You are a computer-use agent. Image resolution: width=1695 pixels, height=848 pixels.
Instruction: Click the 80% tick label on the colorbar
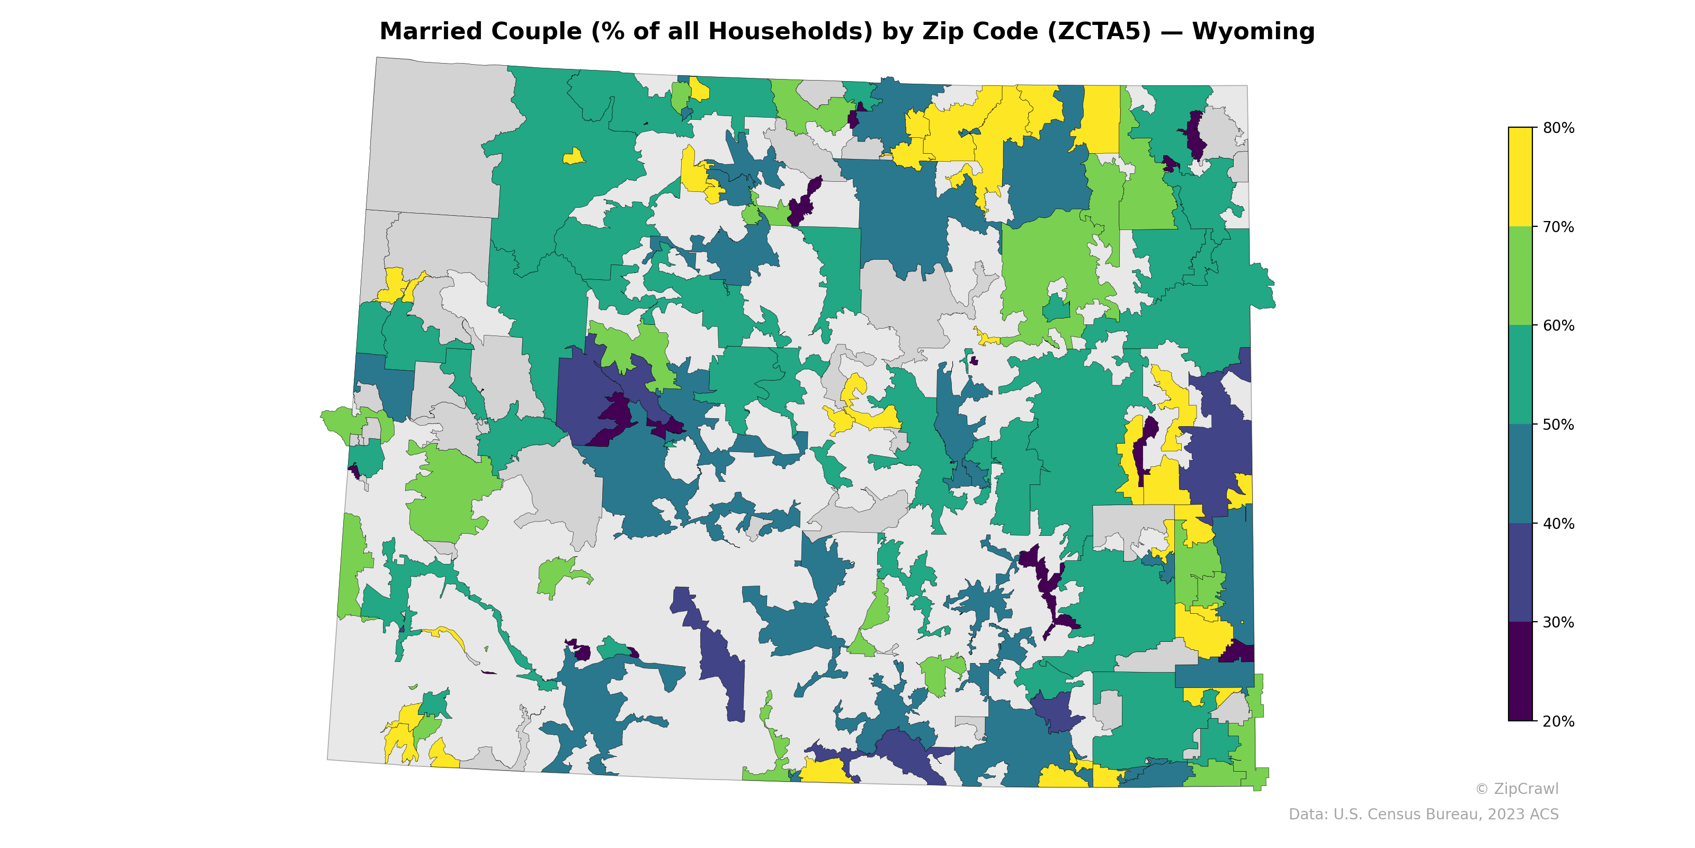click(x=1558, y=128)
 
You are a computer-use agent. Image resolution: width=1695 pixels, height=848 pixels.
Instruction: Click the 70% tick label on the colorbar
click(x=1558, y=227)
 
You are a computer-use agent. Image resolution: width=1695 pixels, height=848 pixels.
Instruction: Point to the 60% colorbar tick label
click(x=1558, y=326)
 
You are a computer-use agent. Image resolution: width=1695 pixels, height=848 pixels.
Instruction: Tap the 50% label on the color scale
click(x=1558, y=425)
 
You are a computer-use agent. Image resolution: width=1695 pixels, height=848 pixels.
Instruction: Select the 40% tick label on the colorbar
click(x=1558, y=524)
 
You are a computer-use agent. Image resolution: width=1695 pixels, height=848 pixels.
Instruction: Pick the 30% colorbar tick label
click(x=1558, y=622)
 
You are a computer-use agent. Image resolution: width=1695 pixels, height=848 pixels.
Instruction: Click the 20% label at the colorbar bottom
click(x=1558, y=721)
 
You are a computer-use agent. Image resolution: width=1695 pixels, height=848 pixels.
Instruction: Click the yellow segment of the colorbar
click(x=1520, y=176)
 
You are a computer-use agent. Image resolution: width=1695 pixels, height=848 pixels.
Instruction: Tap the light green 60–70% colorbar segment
click(x=1520, y=276)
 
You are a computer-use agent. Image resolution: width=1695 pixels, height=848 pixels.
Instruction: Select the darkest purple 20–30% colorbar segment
click(x=1520, y=672)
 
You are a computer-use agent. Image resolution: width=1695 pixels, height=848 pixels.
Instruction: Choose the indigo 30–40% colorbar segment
click(x=1520, y=573)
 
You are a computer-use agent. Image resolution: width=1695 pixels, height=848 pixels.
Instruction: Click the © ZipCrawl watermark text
click(x=1516, y=789)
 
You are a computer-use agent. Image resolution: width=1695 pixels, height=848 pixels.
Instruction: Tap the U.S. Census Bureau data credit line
click(x=1423, y=815)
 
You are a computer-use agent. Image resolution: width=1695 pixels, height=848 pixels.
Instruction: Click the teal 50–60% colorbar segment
click(x=1520, y=375)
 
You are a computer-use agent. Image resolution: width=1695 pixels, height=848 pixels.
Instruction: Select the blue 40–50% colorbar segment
click(x=1520, y=474)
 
